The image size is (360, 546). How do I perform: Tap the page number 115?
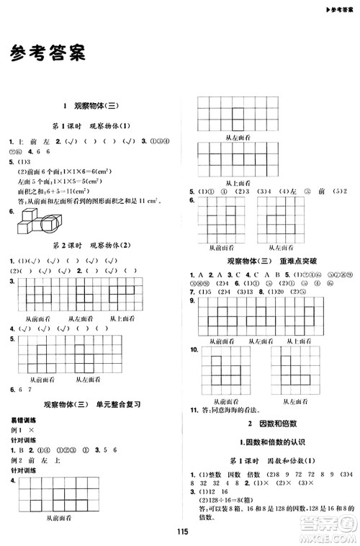coord(181,531)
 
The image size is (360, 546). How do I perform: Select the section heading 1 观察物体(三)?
coord(91,105)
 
